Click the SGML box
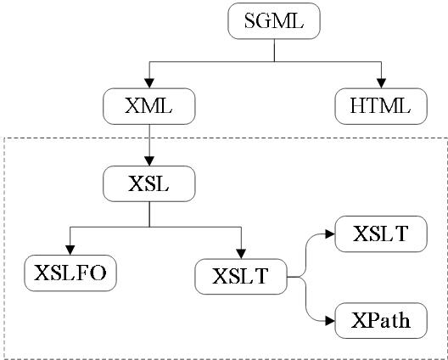click(x=274, y=22)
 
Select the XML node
click(x=148, y=107)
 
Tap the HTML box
click(x=380, y=107)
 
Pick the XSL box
click(x=148, y=183)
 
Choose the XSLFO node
click(x=70, y=273)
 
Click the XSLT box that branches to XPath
click(x=240, y=275)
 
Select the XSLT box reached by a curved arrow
click(x=381, y=233)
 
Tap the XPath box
click(x=381, y=321)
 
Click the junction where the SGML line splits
click(x=274, y=61)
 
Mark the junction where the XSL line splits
click(x=148, y=227)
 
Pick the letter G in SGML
click(x=264, y=22)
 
